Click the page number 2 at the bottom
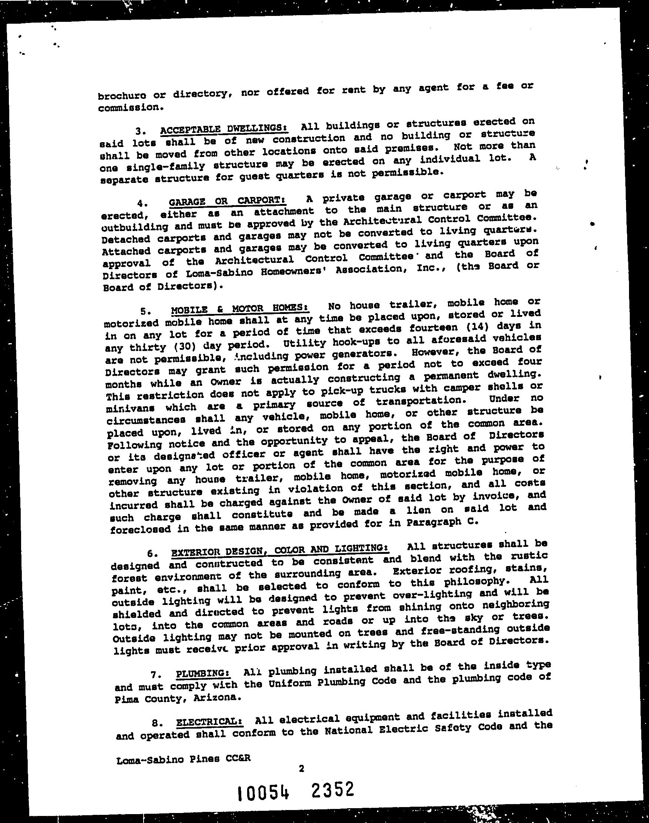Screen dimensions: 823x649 click(x=301, y=769)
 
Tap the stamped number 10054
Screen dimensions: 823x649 click(x=264, y=793)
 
